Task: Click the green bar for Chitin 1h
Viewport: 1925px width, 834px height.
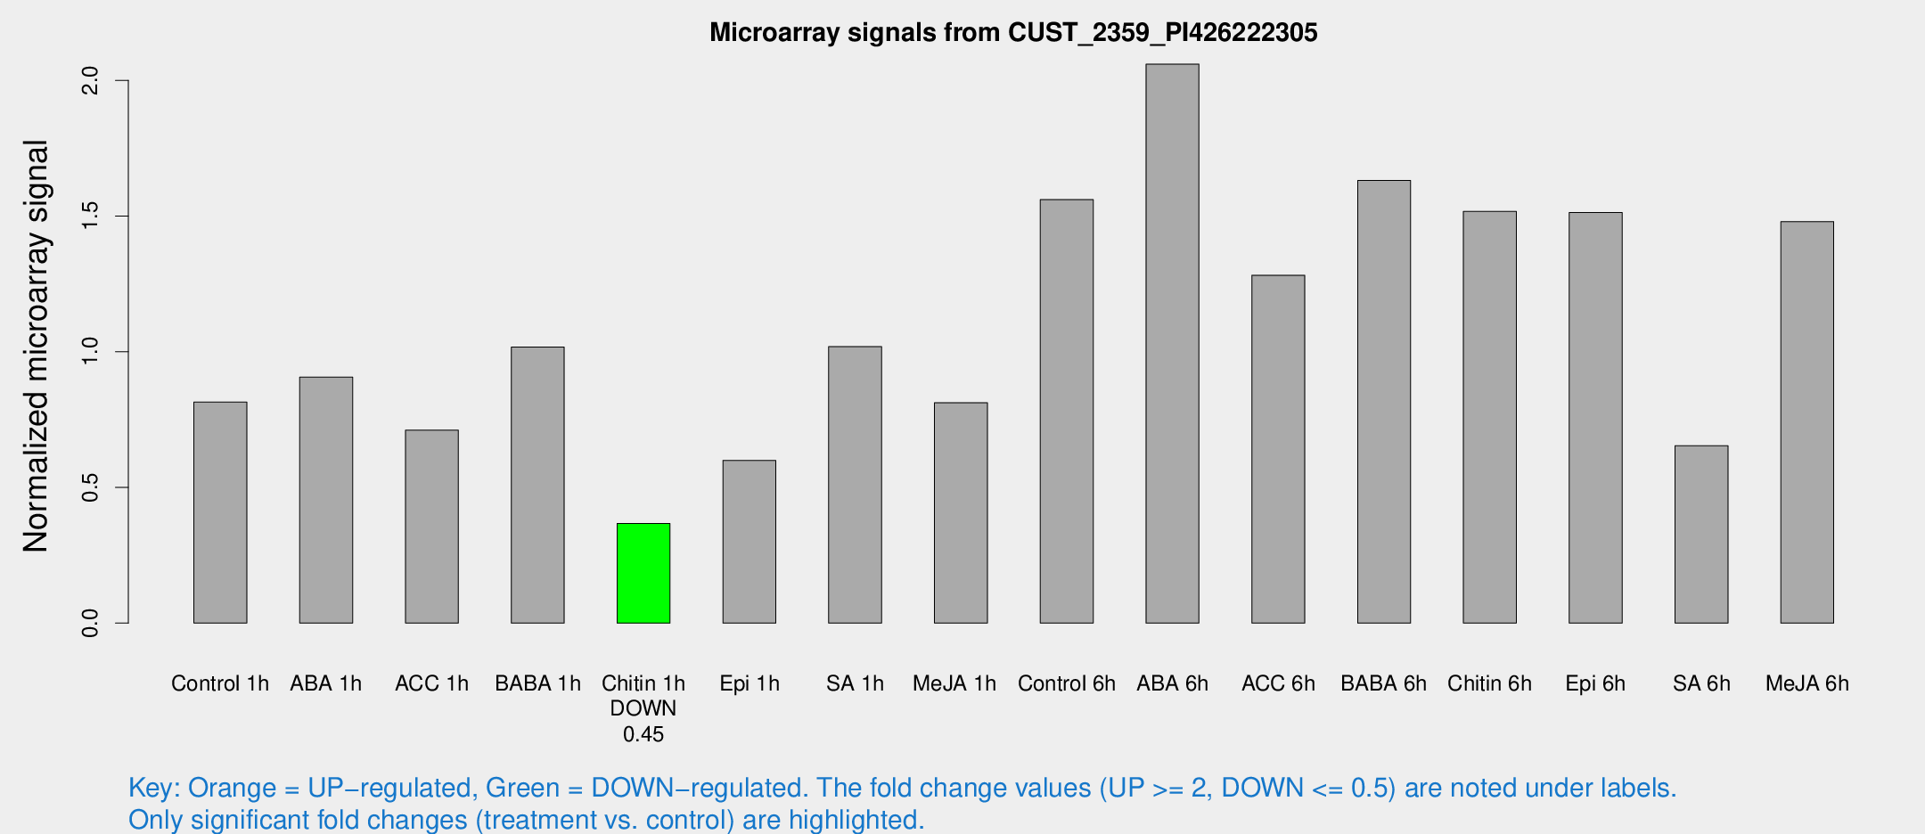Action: pos(643,573)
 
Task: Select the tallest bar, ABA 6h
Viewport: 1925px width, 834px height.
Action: pos(1172,343)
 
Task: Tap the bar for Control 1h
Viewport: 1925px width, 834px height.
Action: pos(220,512)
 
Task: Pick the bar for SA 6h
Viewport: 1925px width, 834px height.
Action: pos(1701,534)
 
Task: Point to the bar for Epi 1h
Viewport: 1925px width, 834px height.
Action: pos(750,542)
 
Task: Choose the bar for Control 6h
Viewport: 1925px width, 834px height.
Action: pos(1067,411)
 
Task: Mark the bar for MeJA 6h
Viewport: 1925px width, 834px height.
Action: pos(1807,422)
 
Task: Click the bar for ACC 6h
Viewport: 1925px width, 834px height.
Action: pos(1278,449)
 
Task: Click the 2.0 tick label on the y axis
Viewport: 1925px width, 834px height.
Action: pos(91,82)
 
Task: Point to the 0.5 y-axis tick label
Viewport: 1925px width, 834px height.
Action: pos(91,487)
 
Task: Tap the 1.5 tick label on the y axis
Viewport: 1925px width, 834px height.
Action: pos(91,217)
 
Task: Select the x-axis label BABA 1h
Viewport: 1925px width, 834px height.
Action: pos(537,683)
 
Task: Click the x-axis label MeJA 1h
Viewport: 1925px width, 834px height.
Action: pos(954,683)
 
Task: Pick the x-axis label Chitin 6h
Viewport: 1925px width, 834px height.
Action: pos(1489,683)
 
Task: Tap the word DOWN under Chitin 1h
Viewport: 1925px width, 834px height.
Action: pos(643,708)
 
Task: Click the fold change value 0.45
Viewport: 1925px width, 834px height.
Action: pos(643,734)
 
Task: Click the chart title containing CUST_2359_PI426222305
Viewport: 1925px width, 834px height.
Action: pos(1013,33)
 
